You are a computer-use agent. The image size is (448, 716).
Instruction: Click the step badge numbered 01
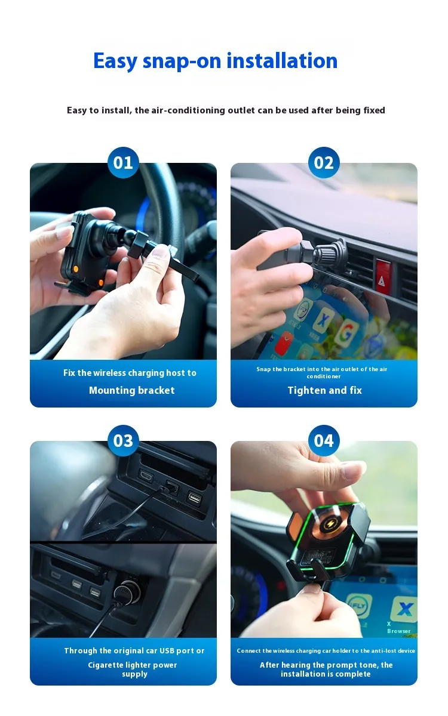(x=123, y=162)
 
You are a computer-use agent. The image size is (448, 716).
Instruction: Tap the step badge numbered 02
(x=324, y=162)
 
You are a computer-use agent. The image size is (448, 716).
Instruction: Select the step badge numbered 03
(x=123, y=440)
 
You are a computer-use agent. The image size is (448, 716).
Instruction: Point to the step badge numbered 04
(x=324, y=440)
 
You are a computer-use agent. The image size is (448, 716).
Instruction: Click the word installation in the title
(x=282, y=60)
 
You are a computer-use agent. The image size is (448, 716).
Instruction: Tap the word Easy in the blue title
(x=115, y=61)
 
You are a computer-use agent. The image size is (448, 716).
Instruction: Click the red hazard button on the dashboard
(x=383, y=276)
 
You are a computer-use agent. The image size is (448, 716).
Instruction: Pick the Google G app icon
(x=346, y=333)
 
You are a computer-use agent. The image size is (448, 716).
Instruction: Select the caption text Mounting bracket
(x=132, y=390)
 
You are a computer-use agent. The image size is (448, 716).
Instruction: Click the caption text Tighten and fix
(x=324, y=390)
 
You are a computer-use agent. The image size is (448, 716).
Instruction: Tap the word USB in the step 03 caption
(x=167, y=650)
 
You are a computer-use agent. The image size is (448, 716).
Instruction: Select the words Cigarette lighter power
(x=133, y=665)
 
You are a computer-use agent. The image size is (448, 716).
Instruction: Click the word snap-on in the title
(x=182, y=61)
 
